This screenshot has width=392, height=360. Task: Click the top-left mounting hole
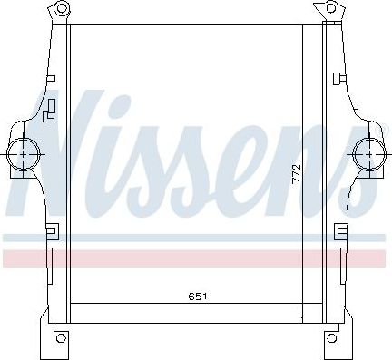(61, 10)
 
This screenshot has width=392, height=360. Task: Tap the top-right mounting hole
(333, 10)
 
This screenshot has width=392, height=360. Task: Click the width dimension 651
(197, 296)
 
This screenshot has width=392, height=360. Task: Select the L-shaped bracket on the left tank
(51, 111)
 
